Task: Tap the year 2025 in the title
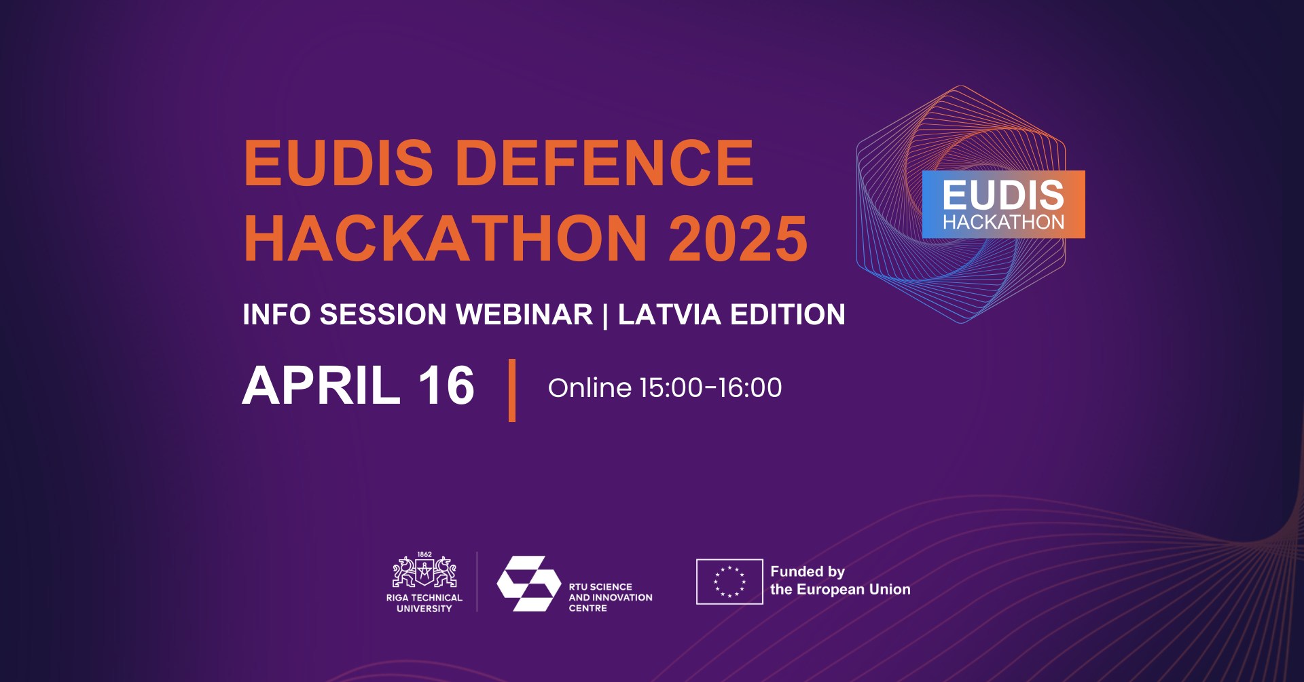coord(738,238)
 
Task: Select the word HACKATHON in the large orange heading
coord(446,238)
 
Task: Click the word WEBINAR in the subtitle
coord(524,314)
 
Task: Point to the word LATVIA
coord(669,314)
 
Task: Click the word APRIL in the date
coord(321,385)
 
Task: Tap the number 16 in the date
coord(446,385)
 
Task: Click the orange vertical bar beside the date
coord(512,390)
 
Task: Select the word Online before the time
coord(590,387)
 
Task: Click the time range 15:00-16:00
coord(711,387)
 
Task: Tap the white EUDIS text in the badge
coord(1003,195)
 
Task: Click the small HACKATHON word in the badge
coord(1003,222)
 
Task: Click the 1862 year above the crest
coord(424,554)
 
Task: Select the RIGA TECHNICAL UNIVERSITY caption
coord(424,603)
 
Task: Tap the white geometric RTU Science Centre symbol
coord(529,584)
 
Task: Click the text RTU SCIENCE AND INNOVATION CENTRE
coord(611,597)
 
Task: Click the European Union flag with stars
coord(729,582)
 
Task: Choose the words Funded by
coord(808,571)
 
